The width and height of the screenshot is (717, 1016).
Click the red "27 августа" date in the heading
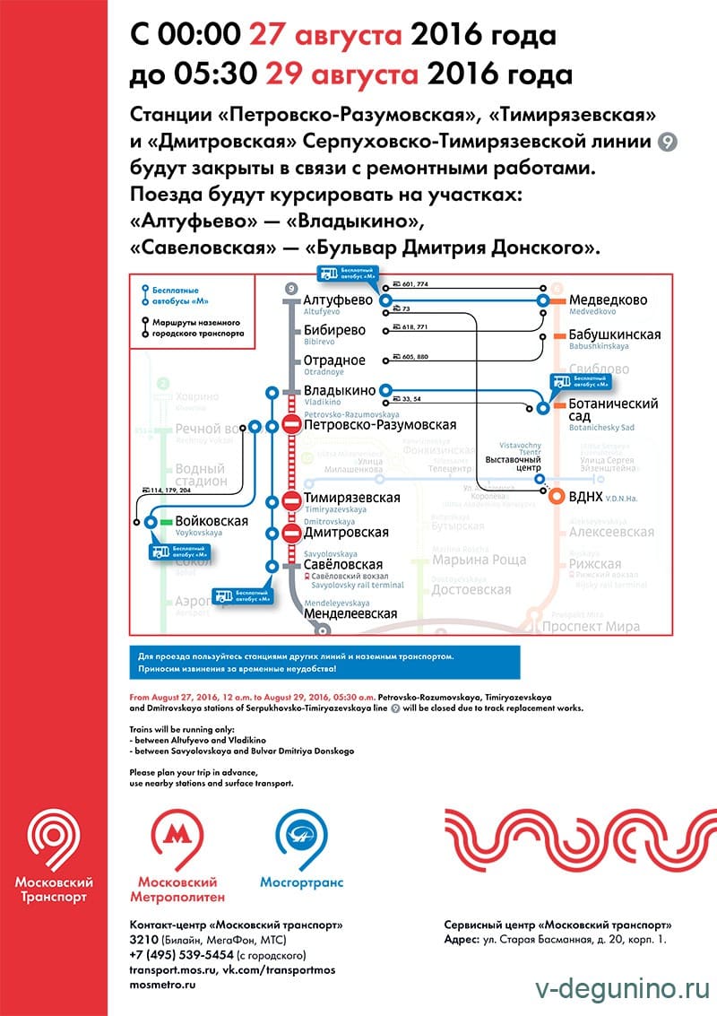(x=324, y=35)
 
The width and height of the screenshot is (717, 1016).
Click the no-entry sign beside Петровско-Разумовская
(x=292, y=425)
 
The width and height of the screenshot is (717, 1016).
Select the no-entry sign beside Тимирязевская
(x=292, y=499)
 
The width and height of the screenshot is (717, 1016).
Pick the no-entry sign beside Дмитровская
(x=292, y=533)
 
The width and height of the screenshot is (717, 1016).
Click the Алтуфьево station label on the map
(x=338, y=300)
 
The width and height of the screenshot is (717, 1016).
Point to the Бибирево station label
(x=334, y=330)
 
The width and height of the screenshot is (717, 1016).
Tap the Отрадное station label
(x=334, y=360)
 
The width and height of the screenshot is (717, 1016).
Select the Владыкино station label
(x=340, y=391)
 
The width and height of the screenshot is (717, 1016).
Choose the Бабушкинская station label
(x=614, y=335)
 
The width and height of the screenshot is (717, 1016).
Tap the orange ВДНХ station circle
(x=557, y=497)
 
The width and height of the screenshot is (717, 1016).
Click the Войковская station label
(x=212, y=521)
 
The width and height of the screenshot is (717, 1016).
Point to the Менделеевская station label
(x=350, y=614)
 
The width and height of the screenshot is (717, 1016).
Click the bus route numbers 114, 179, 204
(x=167, y=490)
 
